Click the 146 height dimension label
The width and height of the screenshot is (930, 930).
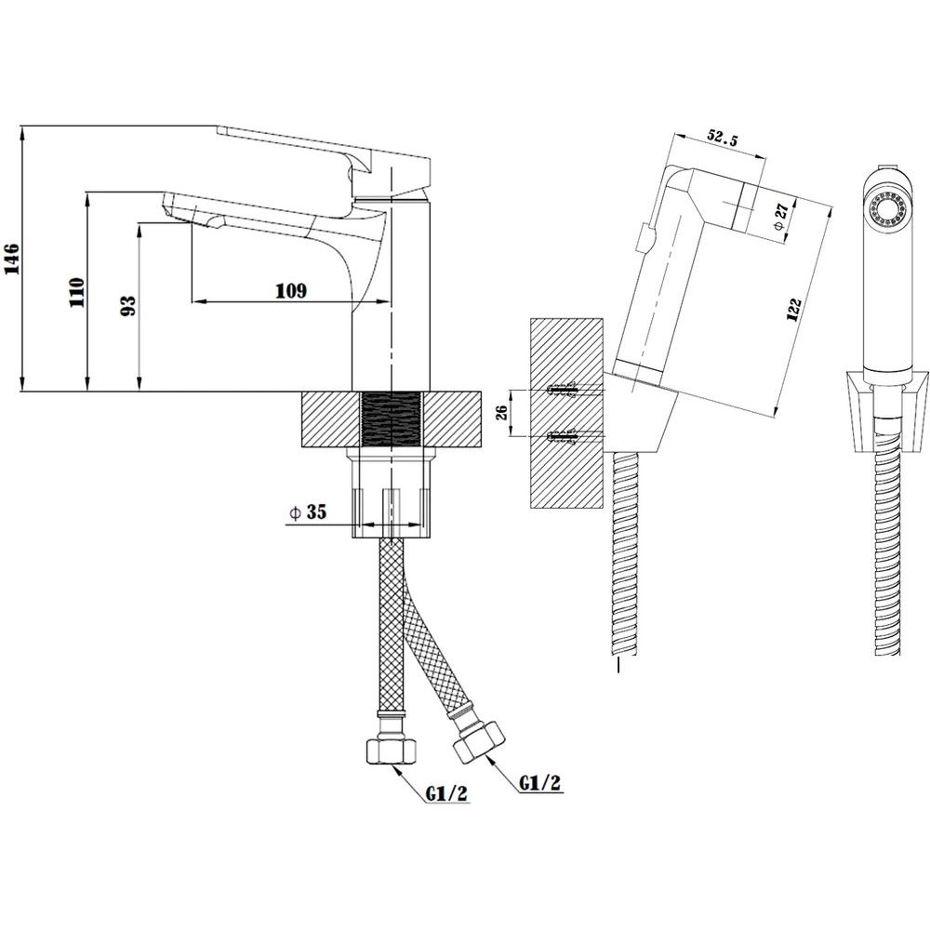[12, 259]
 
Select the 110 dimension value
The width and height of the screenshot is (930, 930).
[78, 292]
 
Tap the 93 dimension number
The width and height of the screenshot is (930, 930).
[128, 305]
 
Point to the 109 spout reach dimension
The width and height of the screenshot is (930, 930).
[291, 290]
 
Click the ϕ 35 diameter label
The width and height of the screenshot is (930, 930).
[308, 511]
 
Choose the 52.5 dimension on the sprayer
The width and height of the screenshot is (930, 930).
[722, 139]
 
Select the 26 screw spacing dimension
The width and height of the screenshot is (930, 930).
[501, 412]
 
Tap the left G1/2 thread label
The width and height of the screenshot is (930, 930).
[446, 793]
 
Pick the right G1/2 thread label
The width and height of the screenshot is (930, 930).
[539, 782]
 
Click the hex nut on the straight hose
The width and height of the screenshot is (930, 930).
[389, 751]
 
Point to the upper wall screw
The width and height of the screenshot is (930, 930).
[565, 390]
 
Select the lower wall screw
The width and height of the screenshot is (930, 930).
[565, 437]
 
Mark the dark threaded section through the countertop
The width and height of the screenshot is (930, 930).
[391, 418]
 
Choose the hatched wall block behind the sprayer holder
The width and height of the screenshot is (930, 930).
[566, 413]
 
